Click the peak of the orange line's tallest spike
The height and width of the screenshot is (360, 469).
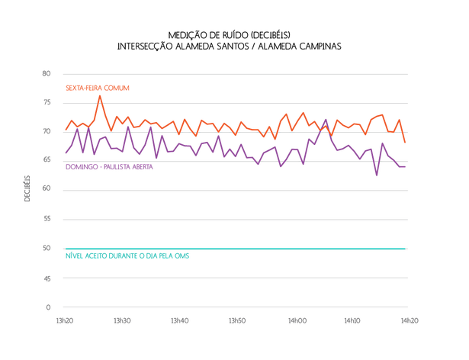coord(99,95)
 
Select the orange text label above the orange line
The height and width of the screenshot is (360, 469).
coord(97,88)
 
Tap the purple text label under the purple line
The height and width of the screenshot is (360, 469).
coord(109,168)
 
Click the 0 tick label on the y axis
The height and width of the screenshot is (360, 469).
coord(47,307)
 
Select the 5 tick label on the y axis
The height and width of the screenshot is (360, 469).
coord(47,278)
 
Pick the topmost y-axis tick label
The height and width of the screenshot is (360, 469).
coord(47,73)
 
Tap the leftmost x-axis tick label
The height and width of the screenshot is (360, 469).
coord(66,320)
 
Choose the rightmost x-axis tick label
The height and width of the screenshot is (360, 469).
coord(410,320)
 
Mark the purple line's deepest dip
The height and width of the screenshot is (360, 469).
coord(376,176)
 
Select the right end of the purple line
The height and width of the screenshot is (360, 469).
coord(406,166)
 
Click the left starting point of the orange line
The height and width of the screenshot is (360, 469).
coord(66,128)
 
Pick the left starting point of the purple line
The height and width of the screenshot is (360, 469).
coord(66,153)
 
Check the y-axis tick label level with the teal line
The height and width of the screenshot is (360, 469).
coord(47,249)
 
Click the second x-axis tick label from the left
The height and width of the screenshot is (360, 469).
coord(123,320)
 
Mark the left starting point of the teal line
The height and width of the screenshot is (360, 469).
coord(66,249)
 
